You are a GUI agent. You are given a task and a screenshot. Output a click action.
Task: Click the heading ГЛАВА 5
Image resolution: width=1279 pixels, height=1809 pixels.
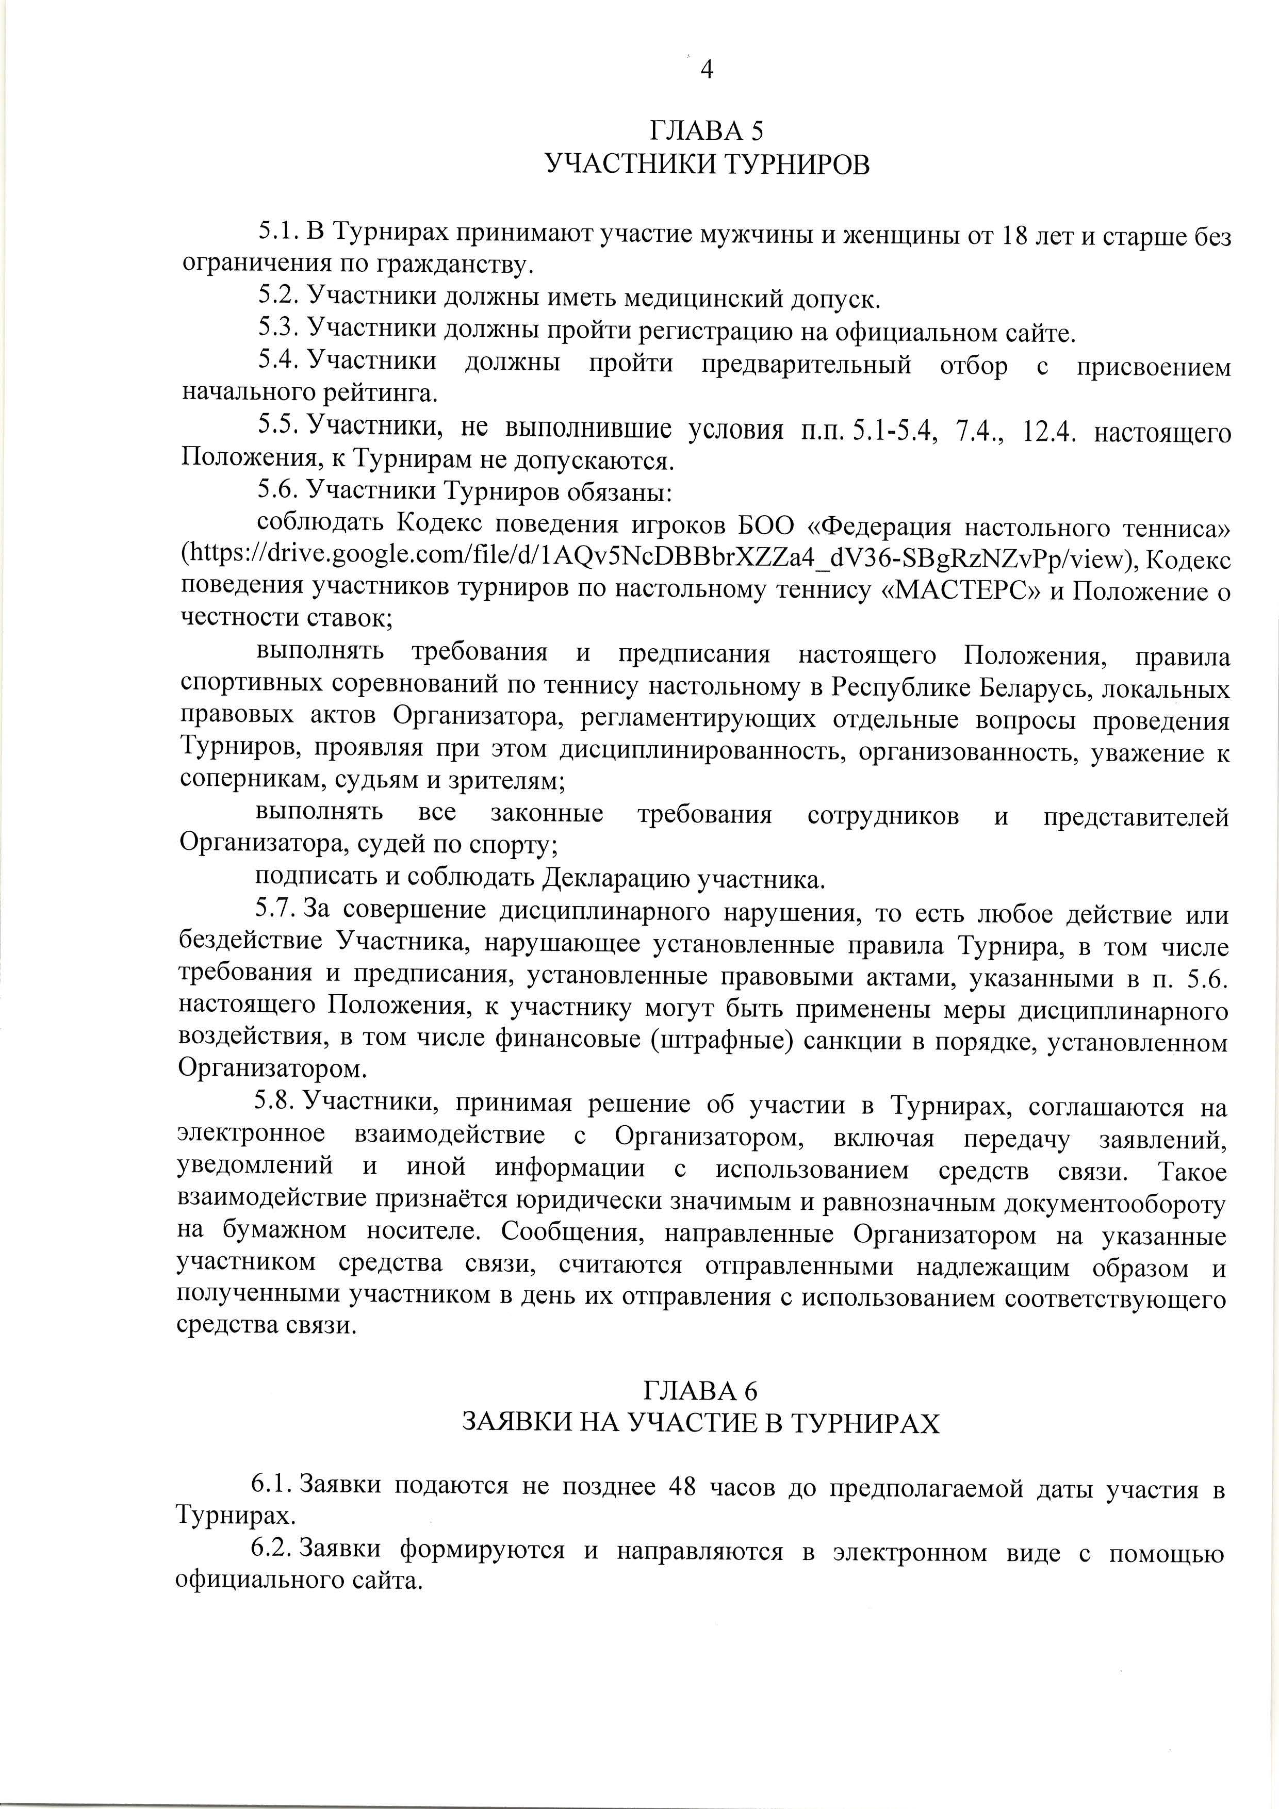coord(707,130)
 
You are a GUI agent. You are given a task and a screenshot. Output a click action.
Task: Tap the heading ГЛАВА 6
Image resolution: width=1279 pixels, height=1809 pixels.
coord(700,1390)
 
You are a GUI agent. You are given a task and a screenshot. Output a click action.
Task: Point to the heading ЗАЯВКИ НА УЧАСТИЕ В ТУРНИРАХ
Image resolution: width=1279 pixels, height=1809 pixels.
coord(700,1423)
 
